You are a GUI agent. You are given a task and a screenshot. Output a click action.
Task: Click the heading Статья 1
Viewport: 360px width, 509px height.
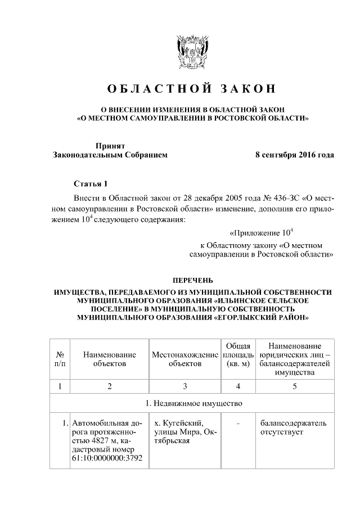tap(89, 184)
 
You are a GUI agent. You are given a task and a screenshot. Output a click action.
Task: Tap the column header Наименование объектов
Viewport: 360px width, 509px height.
tap(110, 359)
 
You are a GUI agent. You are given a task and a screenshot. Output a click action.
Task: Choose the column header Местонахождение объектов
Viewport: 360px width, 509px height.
tap(184, 359)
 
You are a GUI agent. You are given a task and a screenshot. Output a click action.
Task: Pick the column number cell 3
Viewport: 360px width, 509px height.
tap(184, 386)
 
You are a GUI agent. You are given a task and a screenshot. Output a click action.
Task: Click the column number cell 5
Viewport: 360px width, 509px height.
tap(295, 386)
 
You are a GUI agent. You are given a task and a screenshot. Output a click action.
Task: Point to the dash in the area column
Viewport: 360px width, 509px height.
tap(238, 422)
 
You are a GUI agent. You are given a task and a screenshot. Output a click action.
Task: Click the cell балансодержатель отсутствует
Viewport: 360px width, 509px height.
tap(292, 427)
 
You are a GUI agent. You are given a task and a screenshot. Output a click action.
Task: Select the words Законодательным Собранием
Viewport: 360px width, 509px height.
tap(110, 155)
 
